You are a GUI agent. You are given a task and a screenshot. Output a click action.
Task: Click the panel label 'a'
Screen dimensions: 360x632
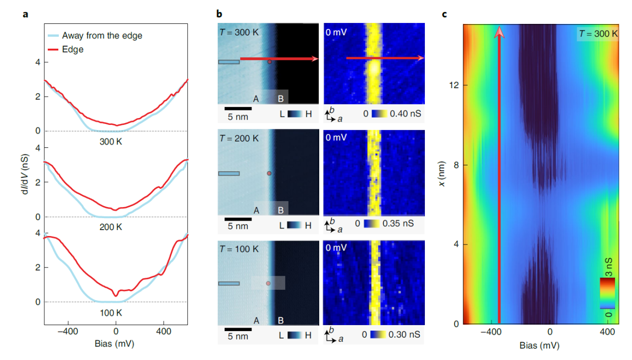pyautogui.click(x=25, y=13)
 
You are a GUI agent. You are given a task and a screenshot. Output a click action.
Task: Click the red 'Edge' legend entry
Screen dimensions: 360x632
pyautogui.click(x=73, y=49)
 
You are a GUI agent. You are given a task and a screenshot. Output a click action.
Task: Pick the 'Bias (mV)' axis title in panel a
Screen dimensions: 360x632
pyautogui.click(x=116, y=344)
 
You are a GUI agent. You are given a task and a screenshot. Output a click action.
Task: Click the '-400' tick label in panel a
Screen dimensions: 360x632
pyautogui.click(x=68, y=330)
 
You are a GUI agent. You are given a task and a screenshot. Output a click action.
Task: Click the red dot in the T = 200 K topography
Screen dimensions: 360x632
pyautogui.click(x=269, y=173)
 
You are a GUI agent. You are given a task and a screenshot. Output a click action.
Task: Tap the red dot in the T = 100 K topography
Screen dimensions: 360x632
pyautogui.click(x=268, y=283)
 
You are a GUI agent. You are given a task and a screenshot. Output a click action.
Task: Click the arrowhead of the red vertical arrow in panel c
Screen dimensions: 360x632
pyautogui.click(x=499, y=32)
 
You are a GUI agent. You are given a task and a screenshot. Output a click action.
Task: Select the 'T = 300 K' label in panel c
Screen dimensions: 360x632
pyautogui.click(x=598, y=34)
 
